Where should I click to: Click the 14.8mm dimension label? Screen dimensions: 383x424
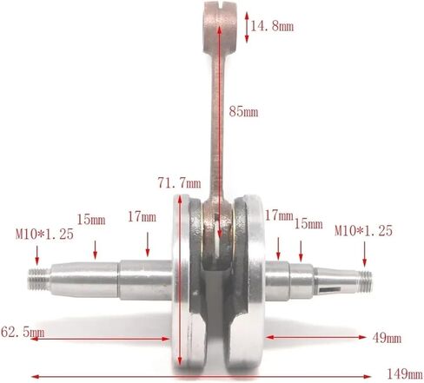272,26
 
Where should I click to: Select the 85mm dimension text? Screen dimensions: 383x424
243,111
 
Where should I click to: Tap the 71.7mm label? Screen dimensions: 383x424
179,182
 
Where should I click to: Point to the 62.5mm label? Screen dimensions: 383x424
23,332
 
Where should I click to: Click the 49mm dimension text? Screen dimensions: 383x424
387,337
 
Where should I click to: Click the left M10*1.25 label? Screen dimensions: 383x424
44,233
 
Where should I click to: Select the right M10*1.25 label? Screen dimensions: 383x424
364,231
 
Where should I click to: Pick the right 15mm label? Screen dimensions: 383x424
308,223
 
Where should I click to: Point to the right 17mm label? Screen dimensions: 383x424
279,214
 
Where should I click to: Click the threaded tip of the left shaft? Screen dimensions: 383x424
39,279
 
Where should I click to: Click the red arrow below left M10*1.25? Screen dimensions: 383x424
38,254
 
